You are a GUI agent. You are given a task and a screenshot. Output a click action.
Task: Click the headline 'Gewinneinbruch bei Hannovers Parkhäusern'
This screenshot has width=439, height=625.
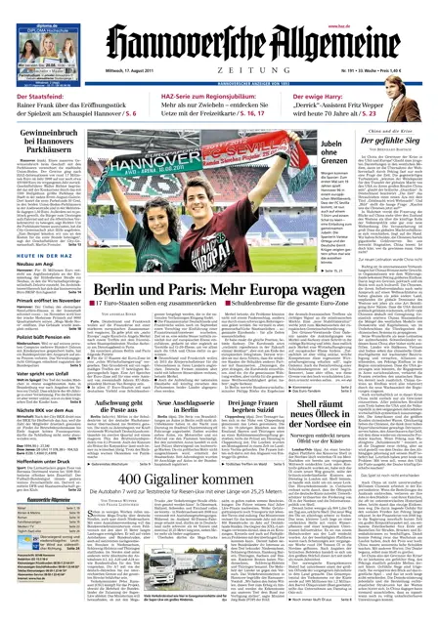point(48,156)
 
